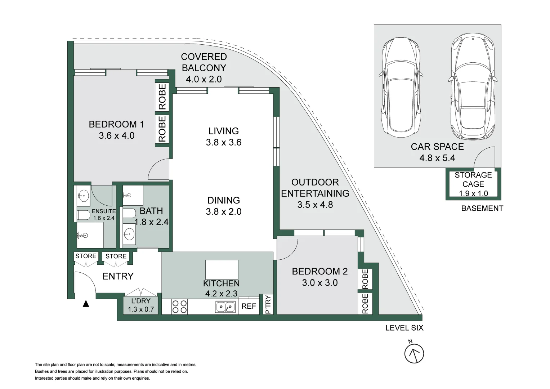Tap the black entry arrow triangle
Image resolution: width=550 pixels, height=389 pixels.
(86, 304)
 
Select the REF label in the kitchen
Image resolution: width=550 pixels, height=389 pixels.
(249, 306)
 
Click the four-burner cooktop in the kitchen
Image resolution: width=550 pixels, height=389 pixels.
(179, 307)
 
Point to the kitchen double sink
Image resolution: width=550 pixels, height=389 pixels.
(225, 307)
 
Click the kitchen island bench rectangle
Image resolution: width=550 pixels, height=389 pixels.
(222, 269)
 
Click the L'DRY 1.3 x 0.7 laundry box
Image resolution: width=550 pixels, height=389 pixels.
(140, 305)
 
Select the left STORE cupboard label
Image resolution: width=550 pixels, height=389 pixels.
(86, 256)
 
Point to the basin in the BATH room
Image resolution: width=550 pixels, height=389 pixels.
(129, 234)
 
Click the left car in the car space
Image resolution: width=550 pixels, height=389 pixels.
(400, 86)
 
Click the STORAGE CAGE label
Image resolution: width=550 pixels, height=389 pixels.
(473, 179)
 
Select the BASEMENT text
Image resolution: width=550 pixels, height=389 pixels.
(482, 209)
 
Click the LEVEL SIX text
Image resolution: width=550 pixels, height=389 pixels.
(404, 328)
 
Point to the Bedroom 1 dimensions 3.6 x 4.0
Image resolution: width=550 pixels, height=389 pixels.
(116, 136)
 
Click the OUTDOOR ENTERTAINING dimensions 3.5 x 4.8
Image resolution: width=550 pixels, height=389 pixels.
(315, 205)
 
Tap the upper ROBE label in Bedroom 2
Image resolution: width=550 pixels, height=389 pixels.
(365, 279)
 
